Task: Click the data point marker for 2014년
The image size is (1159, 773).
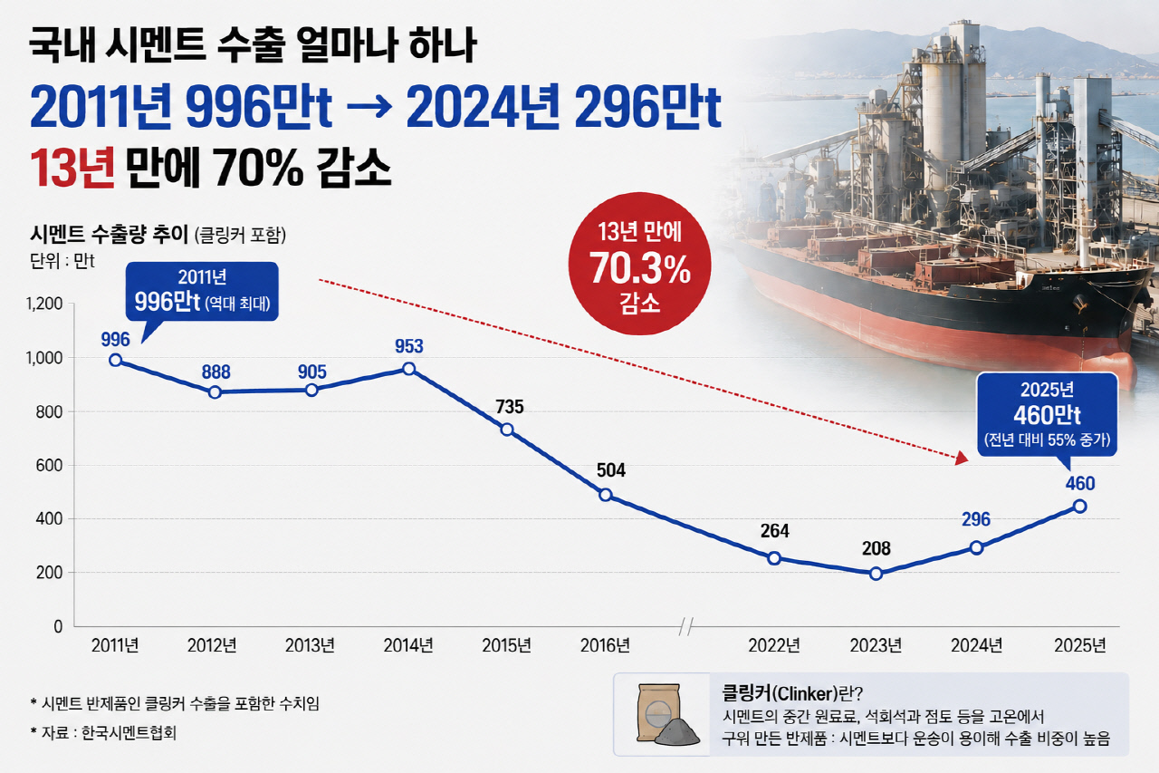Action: click(408, 369)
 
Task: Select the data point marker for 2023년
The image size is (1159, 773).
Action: click(876, 573)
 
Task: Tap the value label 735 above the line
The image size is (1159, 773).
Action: click(510, 406)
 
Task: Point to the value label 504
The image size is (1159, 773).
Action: click(611, 470)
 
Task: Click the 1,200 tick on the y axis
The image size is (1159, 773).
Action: click(44, 304)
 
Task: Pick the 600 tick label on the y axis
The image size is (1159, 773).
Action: click(49, 466)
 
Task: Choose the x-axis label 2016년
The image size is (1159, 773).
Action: click(605, 645)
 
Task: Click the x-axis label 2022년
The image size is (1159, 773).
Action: click(774, 645)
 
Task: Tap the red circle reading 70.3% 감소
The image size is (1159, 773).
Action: click(639, 264)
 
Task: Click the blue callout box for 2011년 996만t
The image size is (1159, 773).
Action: click(202, 291)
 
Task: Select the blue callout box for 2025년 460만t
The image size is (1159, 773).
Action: click(1048, 414)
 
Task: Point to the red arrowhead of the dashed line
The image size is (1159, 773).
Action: click(962, 458)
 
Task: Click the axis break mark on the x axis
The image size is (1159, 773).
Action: click(686, 626)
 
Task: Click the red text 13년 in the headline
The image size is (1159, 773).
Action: click(72, 169)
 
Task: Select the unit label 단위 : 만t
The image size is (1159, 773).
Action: click(62, 261)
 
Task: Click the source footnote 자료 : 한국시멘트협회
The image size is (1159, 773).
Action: click(103, 733)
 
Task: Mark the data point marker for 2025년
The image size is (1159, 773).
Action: click(1080, 507)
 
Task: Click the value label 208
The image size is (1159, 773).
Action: click(876, 548)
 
